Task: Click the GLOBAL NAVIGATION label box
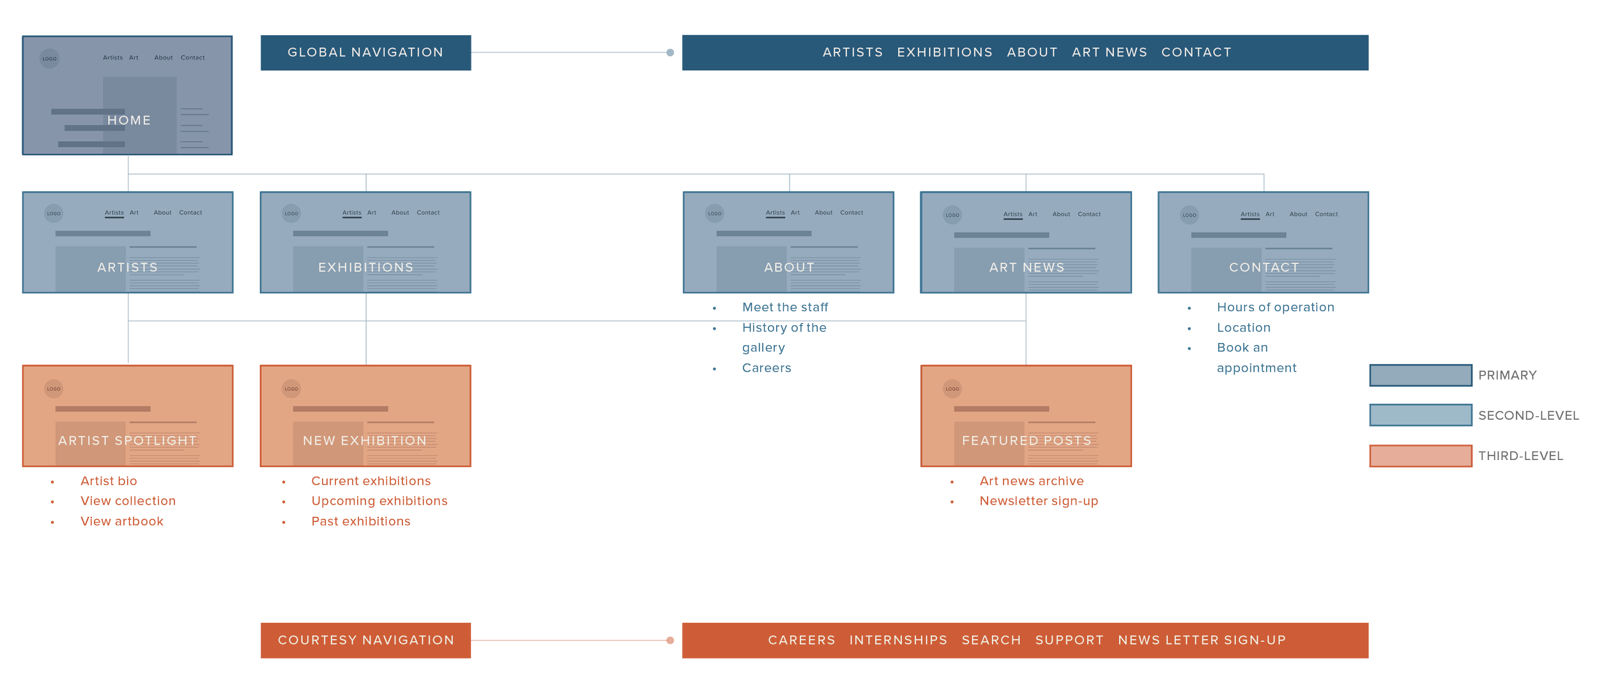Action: pyautogui.click(x=365, y=52)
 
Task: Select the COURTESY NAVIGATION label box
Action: pyautogui.click(x=365, y=640)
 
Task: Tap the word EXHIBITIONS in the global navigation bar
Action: pyautogui.click(x=944, y=52)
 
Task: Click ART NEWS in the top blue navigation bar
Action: pyautogui.click(x=1109, y=52)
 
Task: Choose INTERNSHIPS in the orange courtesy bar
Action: pyautogui.click(x=898, y=640)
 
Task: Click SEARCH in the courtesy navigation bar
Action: pyautogui.click(x=991, y=640)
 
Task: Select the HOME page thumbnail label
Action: pyautogui.click(x=128, y=120)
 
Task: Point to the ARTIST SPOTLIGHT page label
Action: pyautogui.click(x=127, y=441)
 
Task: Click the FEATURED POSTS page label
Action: pyautogui.click(x=1026, y=441)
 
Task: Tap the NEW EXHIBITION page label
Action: pyautogui.click(x=365, y=441)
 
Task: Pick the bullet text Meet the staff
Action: pyautogui.click(x=784, y=307)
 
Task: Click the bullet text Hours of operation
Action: pyautogui.click(x=1275, y=307)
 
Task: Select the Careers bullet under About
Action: pyautogui.click(x=766, y=368)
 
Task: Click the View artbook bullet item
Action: pyautogui.click(x=121, y=521)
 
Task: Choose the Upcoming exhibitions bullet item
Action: pyautogui.click(x=379, y=501)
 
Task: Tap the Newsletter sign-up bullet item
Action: pyautogui.click(x=1038, y=501)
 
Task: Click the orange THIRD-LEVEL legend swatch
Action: pyautogui.click(x=1420, y=455)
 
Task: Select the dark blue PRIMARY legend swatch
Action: pyautogui.click(x=1420, y=375)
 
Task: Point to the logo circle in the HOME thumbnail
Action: pyautogui.click(x=49, y=58)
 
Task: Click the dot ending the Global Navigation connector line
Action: pyautogui.click(x=669, y=52)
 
